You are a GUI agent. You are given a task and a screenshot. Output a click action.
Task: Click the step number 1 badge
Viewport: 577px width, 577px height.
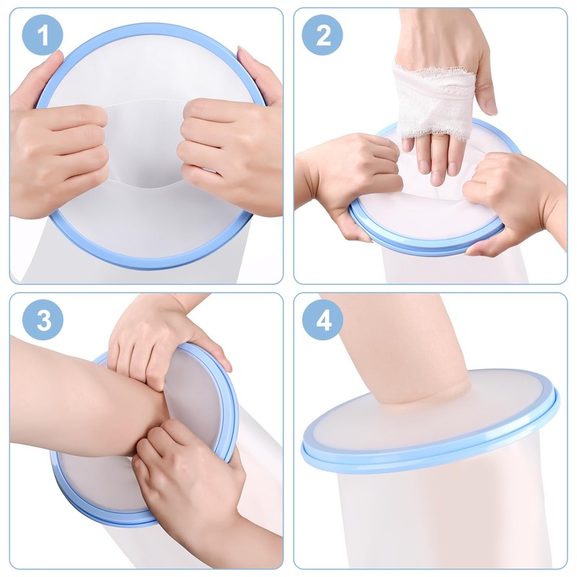tap(42, 35)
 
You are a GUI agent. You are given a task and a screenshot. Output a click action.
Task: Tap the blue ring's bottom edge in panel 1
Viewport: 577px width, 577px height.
tap(144, 264)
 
